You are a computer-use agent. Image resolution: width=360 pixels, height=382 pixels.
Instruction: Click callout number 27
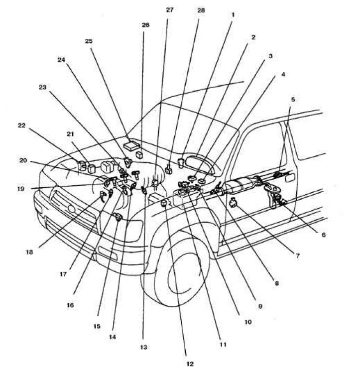(169, 10)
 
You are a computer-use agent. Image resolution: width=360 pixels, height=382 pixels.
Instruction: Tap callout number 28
(201, 10)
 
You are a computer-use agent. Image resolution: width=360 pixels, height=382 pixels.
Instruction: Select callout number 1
(233, 15)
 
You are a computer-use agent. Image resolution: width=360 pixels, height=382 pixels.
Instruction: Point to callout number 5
(293, 99)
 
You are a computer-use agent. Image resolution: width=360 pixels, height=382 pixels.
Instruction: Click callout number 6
(324, 235)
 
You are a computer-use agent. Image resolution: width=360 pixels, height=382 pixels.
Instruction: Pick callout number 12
(190, 364)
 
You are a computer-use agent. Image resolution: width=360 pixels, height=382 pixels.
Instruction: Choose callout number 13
(144, 347)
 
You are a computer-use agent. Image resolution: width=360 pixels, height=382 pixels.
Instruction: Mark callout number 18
(29, 252)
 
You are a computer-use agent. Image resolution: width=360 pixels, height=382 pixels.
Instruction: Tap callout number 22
(21, 126)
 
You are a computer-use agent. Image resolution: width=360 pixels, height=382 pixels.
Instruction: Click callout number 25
(89, 41)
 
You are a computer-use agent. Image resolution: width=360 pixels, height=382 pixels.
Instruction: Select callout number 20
(23, 160)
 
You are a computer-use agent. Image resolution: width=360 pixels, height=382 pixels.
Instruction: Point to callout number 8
(276, 283)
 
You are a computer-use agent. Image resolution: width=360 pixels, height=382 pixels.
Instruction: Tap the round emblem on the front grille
(71, 209)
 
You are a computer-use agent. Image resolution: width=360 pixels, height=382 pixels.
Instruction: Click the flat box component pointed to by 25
(131, 145)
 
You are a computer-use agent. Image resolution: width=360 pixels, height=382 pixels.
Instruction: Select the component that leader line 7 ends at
(234, 202)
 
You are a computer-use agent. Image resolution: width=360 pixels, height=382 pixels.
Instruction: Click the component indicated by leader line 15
(118, 217)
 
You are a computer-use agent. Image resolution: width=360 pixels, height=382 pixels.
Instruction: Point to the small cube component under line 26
(139, 155)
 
